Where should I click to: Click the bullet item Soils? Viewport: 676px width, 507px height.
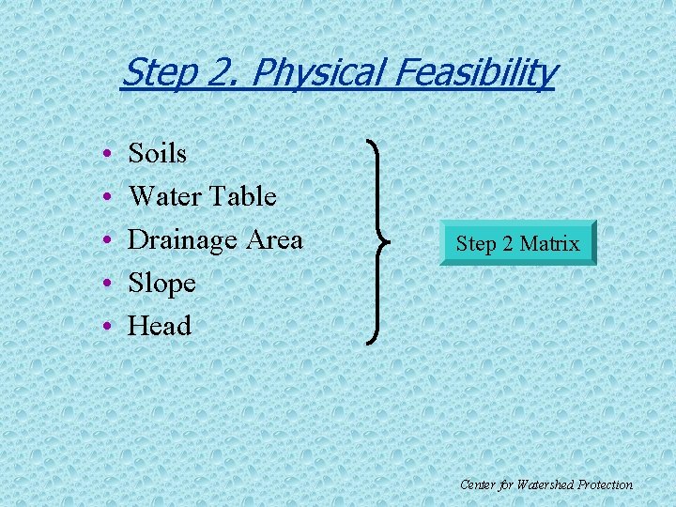point(157,153)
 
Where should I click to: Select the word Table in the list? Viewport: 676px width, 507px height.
point(242,196)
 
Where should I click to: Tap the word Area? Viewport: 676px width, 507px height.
point(273,239)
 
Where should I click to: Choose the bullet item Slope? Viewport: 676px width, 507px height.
point(161,283)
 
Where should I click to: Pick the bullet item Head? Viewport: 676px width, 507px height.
point(160,326)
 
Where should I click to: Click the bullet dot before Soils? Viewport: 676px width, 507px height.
point(110,154)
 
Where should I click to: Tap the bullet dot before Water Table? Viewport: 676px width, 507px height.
point(110,197)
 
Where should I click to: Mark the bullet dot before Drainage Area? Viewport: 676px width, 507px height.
point(110,240)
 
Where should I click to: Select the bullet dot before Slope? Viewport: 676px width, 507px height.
point(110,284)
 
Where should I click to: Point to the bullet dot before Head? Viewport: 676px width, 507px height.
point(110,327)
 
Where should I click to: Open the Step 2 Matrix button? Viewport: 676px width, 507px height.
point(517,243)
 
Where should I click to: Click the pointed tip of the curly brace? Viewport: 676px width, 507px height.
point(388,241)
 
